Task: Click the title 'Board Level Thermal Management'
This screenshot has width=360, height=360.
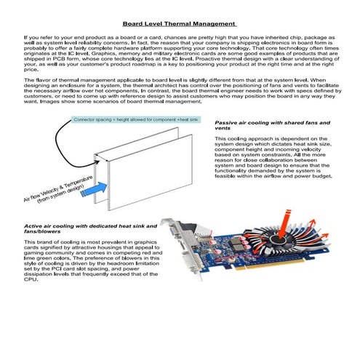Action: [179, 23]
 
